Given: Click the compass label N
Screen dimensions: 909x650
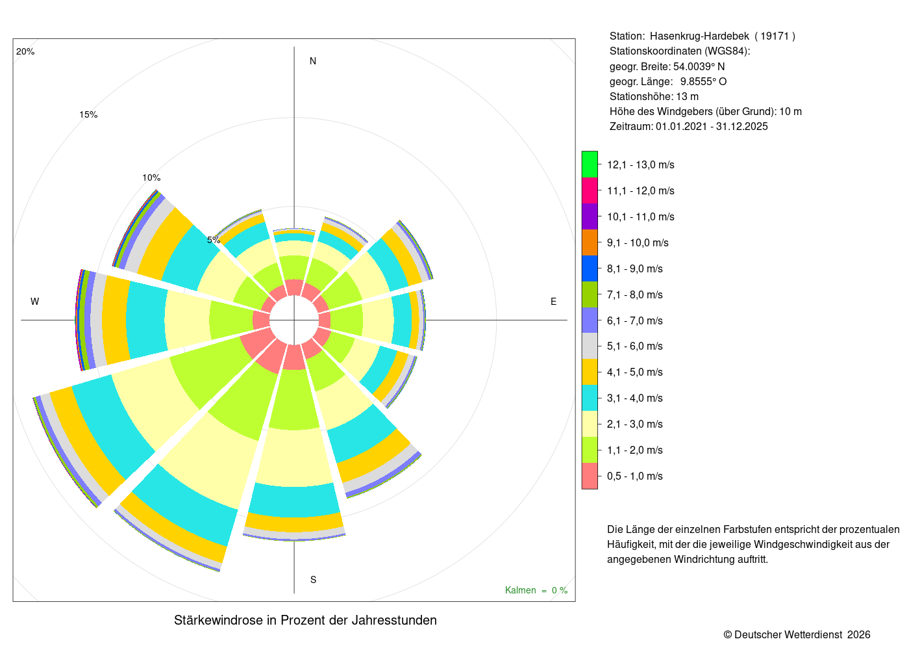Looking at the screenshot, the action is tap(313, 61).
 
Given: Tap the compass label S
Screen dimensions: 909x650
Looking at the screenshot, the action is tap(313, 580).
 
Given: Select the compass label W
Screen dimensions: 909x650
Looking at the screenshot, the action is tap(35, 302).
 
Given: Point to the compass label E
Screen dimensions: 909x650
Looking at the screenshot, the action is tap(553, 302).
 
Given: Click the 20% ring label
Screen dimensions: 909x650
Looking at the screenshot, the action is tap(25, 51).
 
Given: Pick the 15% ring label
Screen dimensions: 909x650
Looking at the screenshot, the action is tap(88, 114).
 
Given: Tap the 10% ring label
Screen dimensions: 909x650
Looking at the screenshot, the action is tap(151, 177).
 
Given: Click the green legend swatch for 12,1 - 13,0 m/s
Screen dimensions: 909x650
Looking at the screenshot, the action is tap(590, 164).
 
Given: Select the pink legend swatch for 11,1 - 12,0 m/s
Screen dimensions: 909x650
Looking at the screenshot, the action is tap(590, 190).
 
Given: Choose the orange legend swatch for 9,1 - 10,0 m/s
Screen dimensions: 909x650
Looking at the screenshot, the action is tap(590, 242).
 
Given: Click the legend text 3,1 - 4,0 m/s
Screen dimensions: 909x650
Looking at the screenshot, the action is tap(635, 398).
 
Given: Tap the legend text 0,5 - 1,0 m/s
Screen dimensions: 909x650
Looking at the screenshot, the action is tap(635, 476).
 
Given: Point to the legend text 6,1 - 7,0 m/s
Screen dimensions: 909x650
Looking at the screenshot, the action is tap(635, 320).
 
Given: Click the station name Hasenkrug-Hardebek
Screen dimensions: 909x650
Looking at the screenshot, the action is tap(700, 36).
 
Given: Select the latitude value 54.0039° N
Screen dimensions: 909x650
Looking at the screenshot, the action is tap(699, 66).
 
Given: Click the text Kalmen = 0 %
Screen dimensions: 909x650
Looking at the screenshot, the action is tap(536, 590).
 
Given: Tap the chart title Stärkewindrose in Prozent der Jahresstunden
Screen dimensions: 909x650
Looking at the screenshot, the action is tap(305, 620).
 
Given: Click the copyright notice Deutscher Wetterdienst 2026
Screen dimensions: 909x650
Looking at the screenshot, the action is tap(797, 634).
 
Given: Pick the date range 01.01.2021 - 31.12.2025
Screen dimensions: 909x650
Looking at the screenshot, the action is tap(712, 126).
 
